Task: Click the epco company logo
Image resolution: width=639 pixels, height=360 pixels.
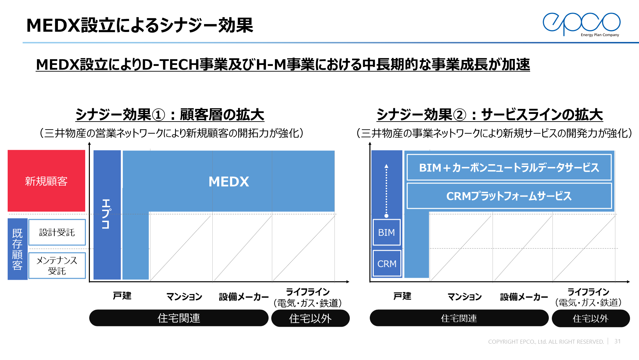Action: click(581, 24)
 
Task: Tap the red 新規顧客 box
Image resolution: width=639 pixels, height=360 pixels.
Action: click(46, 181)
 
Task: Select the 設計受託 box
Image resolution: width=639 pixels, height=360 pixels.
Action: click(57, 232)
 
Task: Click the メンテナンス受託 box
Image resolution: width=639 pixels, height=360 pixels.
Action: click(57, 265)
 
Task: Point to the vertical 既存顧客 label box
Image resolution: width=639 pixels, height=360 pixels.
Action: click(17, 249)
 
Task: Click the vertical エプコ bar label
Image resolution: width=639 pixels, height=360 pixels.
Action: click(106, 214)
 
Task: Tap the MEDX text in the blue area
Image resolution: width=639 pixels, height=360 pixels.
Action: click(229, 182)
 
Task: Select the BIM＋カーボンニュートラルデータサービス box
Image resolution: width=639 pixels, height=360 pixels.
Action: click(509, 167)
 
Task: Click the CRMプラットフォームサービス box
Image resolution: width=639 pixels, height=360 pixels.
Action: click(509, 196)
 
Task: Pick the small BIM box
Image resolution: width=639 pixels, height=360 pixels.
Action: click(386, 232)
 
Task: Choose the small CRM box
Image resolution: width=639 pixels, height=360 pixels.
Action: click(387, 263)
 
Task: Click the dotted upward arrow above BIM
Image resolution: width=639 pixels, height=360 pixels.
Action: click(386, 190)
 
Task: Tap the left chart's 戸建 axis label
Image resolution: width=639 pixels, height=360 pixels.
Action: click(122, 296)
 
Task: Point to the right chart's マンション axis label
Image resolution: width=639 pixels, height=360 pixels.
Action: click(465, 296)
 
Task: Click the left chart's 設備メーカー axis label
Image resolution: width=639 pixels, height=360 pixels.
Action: click(244, 296)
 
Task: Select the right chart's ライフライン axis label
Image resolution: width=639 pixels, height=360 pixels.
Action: click(588, 292)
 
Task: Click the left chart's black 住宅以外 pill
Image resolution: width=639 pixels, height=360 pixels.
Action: click(310, 318)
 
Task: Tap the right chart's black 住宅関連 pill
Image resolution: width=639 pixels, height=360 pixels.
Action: click(459, 318)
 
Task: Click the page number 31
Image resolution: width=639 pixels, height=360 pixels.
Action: click(617, 341)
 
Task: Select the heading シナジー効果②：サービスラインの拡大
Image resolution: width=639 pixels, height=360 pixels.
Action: click(490, 115)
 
